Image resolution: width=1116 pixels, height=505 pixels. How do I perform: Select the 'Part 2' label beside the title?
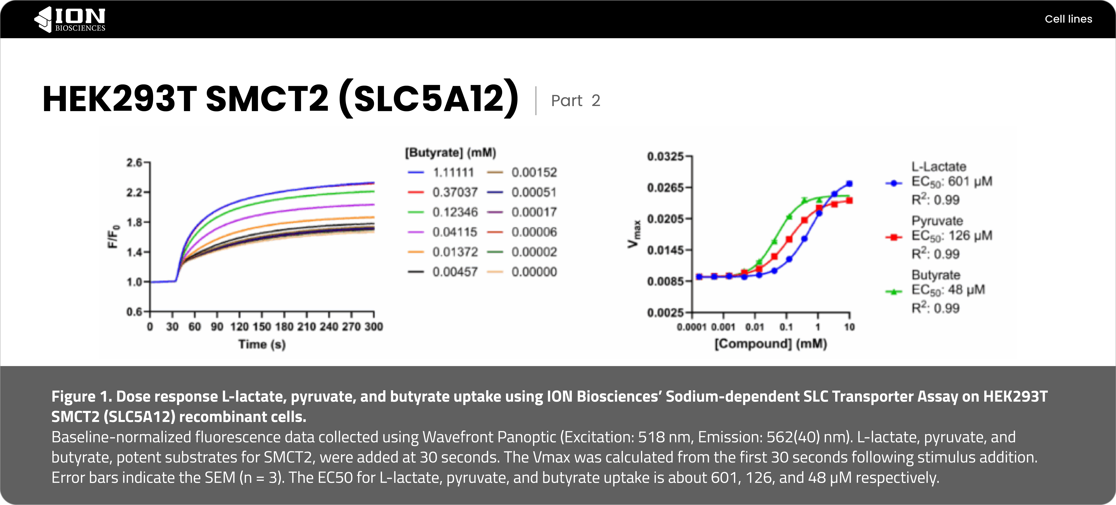(575, 101)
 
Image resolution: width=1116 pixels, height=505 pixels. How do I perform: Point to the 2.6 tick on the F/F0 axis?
(134, 162)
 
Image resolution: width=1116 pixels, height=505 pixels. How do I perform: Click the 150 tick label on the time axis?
(262, 327)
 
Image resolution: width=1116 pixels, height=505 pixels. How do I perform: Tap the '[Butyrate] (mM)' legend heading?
(451, 152)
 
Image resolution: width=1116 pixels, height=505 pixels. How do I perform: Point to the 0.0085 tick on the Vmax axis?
(665, 281)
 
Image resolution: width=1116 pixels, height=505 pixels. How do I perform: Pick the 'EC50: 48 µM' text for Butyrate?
(948, 290)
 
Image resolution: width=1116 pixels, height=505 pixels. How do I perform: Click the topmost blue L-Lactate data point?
(849, 184)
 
